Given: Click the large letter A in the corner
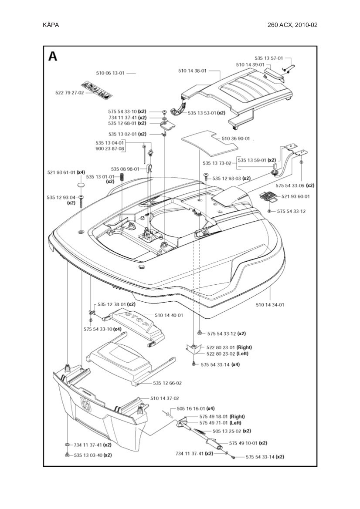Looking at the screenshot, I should tap(53, 57).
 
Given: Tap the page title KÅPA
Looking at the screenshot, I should tap(51, 25).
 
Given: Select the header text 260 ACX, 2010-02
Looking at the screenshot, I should tap(292, 25).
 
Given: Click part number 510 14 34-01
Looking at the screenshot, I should tap(270, 305).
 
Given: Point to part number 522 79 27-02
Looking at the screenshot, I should tap(70, 92).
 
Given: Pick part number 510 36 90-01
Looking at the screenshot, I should tap(236, 138).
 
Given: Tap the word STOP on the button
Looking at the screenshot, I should tap(135, 316).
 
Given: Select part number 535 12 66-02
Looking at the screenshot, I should tap(167, 383).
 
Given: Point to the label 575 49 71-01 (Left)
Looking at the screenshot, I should tap(220, 423).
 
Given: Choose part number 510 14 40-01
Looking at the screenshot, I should tap(169, 315).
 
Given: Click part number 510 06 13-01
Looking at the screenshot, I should tap(110, 73).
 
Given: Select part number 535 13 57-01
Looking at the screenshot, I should tap(269, 58).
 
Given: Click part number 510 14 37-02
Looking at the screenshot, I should tap(165, 398).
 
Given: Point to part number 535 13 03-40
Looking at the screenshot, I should tap(93, 455).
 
